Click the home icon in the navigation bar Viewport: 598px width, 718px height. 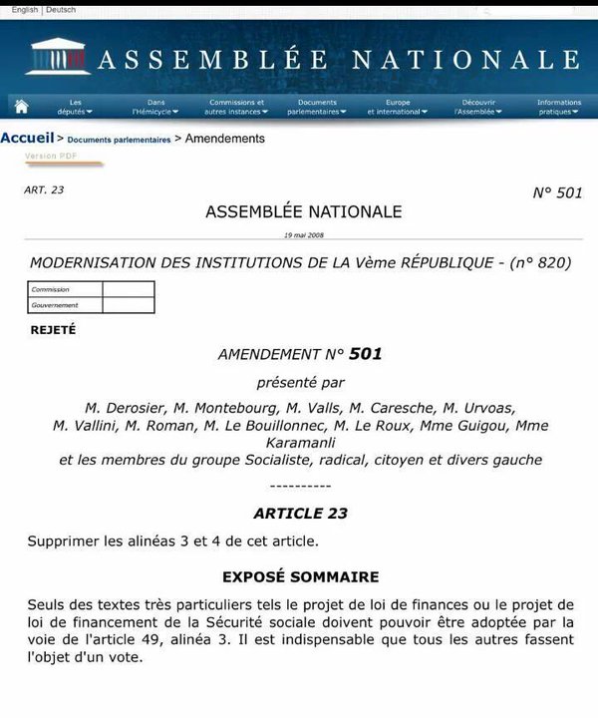(21, 107)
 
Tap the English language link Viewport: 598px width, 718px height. (25, 9)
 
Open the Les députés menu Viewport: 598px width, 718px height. (75, 107)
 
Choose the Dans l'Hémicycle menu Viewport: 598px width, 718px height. (154, 107)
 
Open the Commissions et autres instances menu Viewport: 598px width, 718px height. (236, 107)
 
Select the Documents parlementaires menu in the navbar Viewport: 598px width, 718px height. (317, 107)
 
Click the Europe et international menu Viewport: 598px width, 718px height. (397, 107)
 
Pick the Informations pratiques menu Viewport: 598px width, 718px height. (558, 107)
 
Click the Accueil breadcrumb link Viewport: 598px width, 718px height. (27, 139)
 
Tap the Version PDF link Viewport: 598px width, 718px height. (51, 157)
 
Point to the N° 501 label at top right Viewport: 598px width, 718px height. (557, 192)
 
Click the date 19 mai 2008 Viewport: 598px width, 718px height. (303, 235)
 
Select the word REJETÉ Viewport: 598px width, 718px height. (53, 329)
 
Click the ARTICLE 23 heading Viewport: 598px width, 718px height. (300, 514)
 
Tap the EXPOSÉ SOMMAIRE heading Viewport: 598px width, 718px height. (300, 576)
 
